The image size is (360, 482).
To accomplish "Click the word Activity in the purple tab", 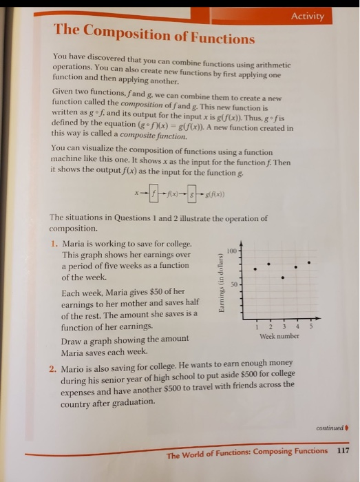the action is pos(307,17).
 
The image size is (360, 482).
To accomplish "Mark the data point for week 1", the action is pos(255,269).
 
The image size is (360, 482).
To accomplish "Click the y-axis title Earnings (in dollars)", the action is pos(222,284).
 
